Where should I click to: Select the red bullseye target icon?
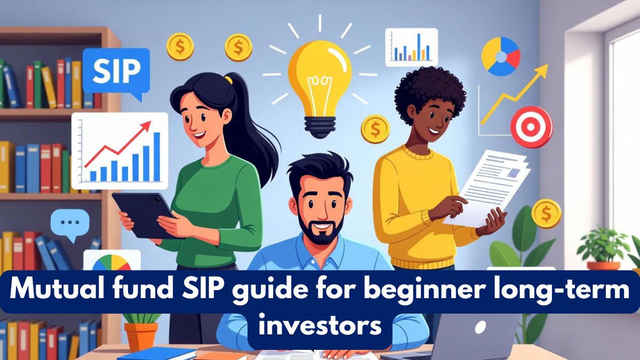pos(531,127)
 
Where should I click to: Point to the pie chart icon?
pos(500,57)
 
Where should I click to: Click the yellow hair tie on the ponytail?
pos(228,79)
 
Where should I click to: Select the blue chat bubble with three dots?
pos(70,223)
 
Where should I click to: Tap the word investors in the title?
pos(320,325)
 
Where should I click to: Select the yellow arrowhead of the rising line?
pos(542,70)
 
